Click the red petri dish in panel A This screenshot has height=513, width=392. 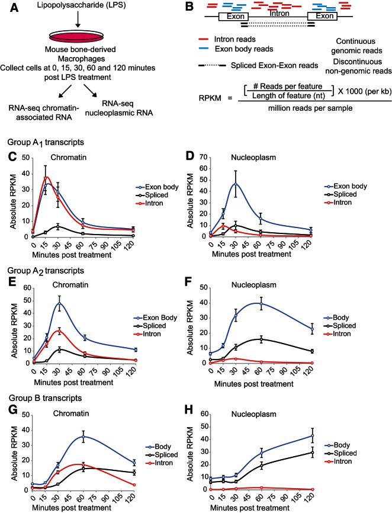(78, 36)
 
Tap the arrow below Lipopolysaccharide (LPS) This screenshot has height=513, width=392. (78, 20)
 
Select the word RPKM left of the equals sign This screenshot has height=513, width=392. (210, 98)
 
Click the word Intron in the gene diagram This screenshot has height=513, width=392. (279, 14)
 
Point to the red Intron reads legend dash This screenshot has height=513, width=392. (204, 40)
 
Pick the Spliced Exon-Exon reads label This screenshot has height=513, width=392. (274, 65)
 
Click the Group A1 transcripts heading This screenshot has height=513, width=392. (46, 143)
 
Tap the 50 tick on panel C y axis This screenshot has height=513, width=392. (25, 158)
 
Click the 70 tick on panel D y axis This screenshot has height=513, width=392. (203, 158)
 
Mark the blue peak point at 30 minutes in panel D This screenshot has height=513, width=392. (236, 184)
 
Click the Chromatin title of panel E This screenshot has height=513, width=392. (70, 285)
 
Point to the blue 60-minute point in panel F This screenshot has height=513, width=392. (261, 304)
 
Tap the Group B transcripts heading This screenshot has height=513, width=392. (45, 398)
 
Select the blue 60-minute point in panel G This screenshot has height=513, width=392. (83, 437)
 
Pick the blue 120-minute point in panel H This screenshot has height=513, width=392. (312, 435)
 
